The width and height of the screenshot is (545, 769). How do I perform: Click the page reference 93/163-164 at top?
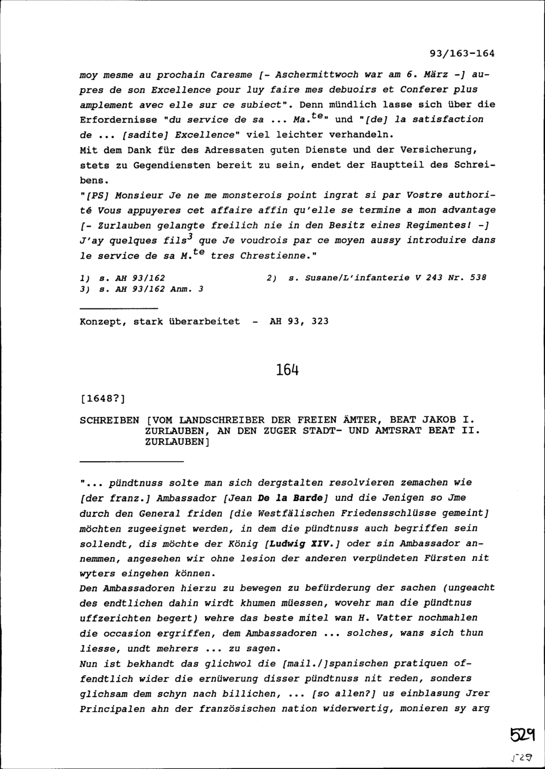[x=462, y=53]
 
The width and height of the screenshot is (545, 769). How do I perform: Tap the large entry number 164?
[x=287, y=371]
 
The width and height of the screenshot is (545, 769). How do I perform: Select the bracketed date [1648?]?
[x=102, y=399]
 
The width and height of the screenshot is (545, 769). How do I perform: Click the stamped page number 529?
[x=523, y=735]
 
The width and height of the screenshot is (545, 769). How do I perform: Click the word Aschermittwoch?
[x=317, y=74]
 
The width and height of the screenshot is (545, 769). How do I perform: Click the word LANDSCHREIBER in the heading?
[x=222, y=420]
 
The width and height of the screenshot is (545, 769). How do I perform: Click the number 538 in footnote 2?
[x=477, y=278]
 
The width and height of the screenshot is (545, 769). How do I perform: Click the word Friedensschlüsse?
[x=385, y=513]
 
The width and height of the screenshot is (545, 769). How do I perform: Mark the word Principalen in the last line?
[x=112, y=709]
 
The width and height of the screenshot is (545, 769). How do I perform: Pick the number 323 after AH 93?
[x=320, y=322]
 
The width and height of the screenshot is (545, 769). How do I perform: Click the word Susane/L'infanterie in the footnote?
[x=349, y=278]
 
